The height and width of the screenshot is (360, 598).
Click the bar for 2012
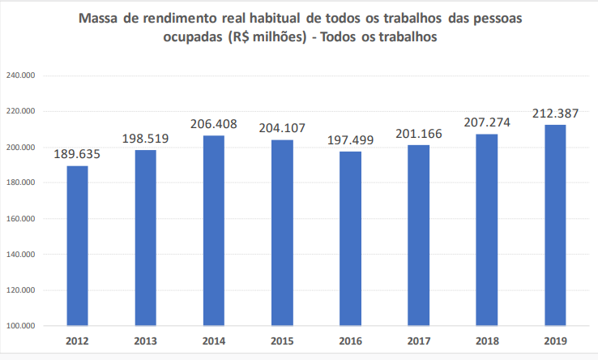coord(77,246)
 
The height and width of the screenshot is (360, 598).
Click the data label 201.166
coord(419,133)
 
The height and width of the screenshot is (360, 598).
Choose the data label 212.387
coord(556,113)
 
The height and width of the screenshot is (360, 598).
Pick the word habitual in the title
coord(270,19)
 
